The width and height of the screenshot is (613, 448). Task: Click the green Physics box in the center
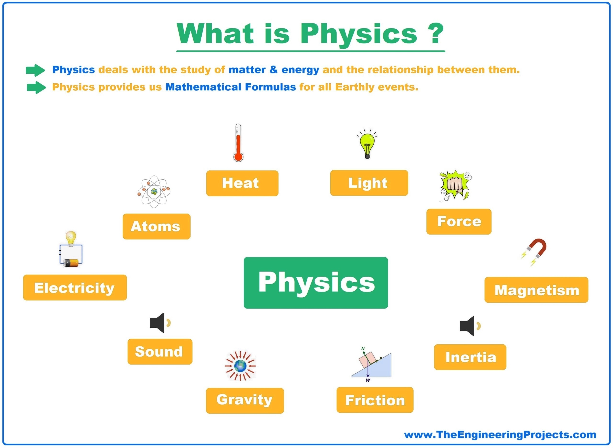[315, 283]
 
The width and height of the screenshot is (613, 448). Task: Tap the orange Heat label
[242, 183]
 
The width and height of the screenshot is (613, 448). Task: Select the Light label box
[369, 183]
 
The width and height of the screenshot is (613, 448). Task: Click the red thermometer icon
[238, 143]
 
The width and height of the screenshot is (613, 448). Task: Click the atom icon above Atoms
[154, 191]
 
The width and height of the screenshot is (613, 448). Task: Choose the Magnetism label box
[536, 290]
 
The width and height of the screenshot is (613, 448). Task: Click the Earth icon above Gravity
[240, 366]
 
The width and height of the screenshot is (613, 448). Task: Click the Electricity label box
[75, 288]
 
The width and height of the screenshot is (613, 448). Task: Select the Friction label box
[375, 400]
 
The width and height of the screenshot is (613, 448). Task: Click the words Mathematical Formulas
[231, 87]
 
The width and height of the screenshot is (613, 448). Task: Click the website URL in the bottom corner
[500, 435]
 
